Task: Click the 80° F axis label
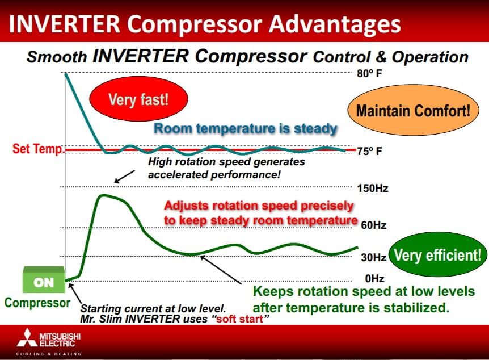tap(369, 74)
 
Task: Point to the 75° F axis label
tap(369, 152)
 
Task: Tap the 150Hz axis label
tap(373, 189)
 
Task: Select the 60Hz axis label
tap(374, 225)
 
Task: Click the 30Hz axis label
tap(374, 257)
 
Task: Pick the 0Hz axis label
tap(374, 278)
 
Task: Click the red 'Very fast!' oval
tap(139, 99)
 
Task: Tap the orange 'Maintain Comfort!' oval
tap(413, 110)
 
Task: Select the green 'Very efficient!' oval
tap(438, 254)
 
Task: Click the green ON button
tap(44, 280)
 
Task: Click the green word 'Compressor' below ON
tap(37, 303)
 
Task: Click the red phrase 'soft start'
tap(239, 319)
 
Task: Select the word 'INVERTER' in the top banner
tap(65, 24)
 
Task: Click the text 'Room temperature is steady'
tap(246, 128)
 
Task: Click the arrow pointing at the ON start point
tap(75, 293)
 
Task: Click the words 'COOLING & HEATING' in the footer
tap(49, 354)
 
